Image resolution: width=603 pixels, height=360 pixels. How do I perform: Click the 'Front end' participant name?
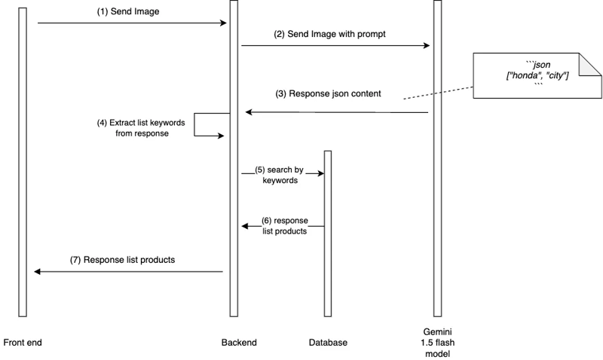[23, 343]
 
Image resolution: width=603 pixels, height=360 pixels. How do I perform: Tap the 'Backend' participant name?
[239, 343]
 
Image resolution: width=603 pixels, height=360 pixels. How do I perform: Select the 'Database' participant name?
[328, 343]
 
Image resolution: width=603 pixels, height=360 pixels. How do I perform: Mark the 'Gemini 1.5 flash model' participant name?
[437, 342]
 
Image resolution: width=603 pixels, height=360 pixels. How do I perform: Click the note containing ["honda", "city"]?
[537, 75]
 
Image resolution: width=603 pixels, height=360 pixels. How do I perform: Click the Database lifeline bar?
[328, 233]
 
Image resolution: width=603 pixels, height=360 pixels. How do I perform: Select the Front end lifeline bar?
[23, 162]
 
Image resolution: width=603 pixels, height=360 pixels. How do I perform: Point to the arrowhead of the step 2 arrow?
[427, 46]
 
